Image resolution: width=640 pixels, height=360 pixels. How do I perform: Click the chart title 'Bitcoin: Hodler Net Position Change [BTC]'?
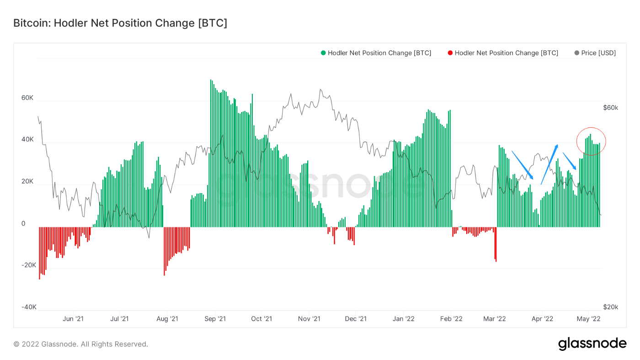[120, 23]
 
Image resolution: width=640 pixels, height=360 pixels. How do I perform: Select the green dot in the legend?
[323, 53]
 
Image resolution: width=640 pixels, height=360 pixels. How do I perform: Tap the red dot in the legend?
[450, 53]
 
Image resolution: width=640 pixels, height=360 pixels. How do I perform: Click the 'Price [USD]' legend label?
[598, 53]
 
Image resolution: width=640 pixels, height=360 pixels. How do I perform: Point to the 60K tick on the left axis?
[27, 98]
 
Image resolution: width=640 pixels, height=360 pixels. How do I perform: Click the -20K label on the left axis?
[29, 265]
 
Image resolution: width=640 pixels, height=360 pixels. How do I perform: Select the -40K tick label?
[29, 307]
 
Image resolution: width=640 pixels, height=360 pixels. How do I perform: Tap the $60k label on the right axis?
[610, 108]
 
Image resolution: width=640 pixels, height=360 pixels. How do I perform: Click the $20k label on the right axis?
[610, 307]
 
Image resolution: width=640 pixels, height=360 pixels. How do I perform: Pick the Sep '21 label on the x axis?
[215, 318]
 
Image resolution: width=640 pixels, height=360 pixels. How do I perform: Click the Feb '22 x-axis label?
[451, 318]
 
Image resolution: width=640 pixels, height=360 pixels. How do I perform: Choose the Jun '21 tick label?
[73, 318]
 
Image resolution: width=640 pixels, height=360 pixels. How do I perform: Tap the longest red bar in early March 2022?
[496, 245]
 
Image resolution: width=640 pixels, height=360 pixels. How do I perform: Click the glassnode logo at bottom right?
[592, 344]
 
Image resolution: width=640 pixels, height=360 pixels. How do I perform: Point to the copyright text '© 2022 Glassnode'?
[80, 344]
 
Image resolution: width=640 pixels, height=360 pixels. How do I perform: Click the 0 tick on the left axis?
[23, 224]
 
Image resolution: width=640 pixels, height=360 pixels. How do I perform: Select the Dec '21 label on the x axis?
[356, 318]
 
